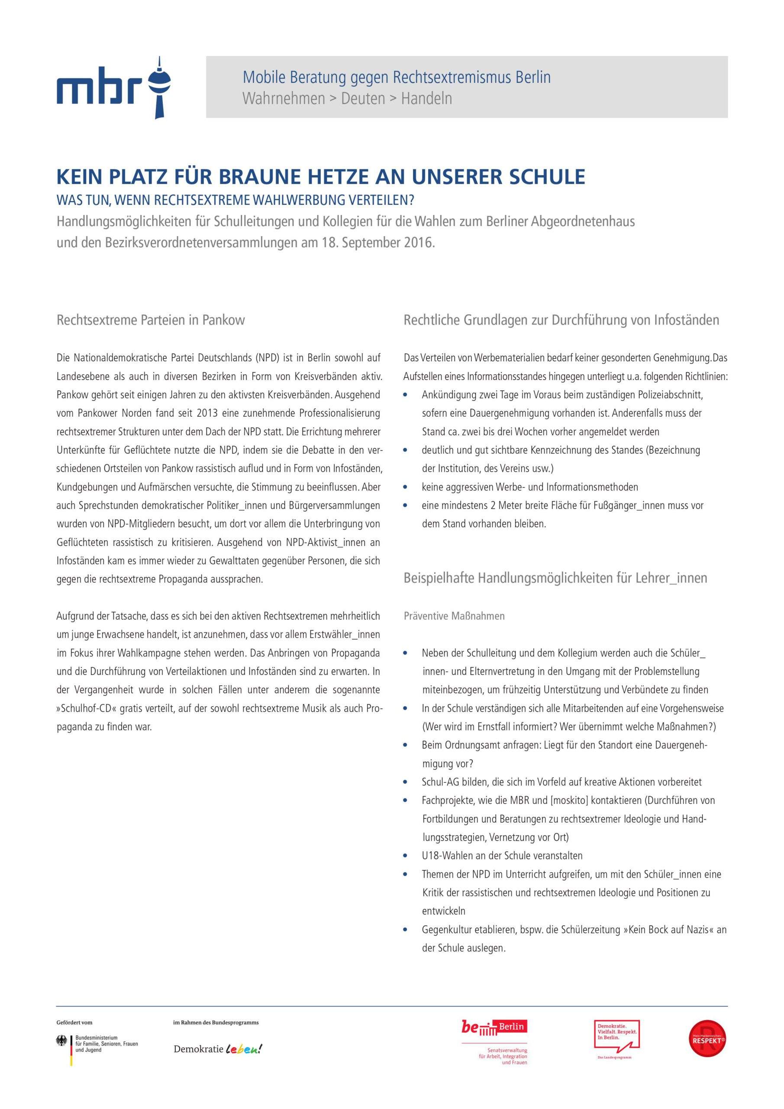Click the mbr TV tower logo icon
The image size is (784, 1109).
tap(159, 88)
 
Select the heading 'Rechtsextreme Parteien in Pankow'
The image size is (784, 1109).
tap(151, 320)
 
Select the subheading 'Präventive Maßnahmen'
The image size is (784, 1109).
tap(454, 616)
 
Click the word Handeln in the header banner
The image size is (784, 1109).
tap(426, 98)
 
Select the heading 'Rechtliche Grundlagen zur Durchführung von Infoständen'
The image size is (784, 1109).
tap(561, 320)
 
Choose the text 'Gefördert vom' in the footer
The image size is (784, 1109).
tap(74, 1022)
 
